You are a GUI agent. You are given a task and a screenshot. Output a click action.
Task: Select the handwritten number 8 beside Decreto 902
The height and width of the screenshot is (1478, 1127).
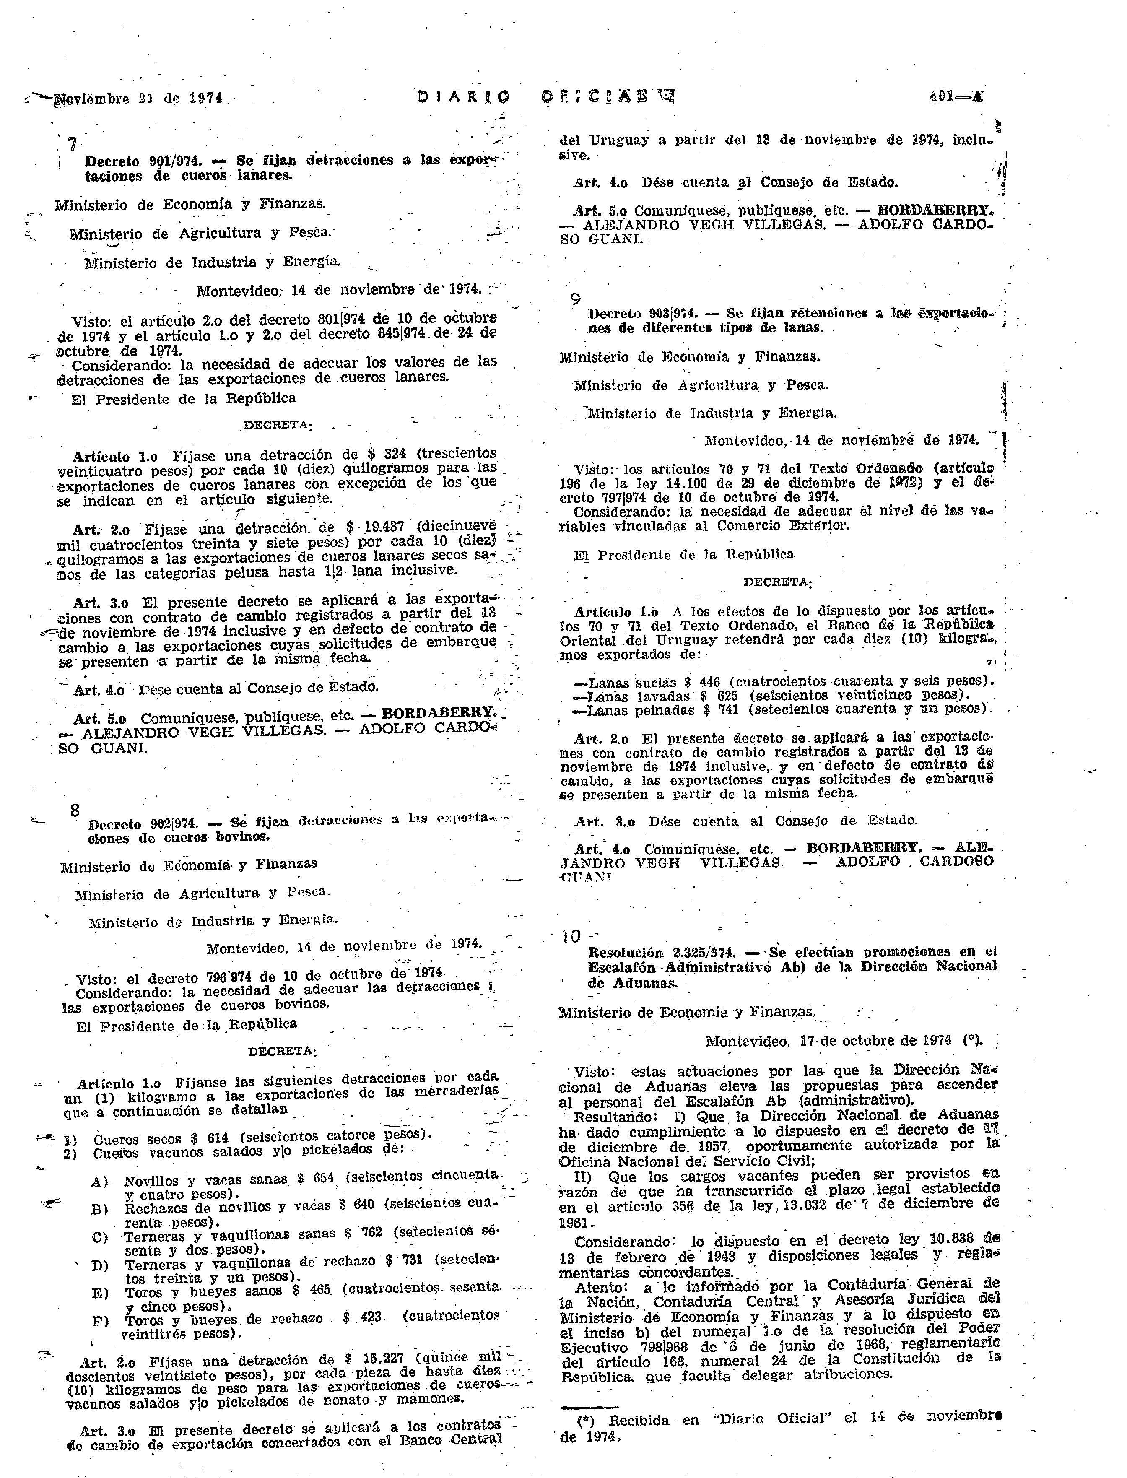point(75,810)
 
